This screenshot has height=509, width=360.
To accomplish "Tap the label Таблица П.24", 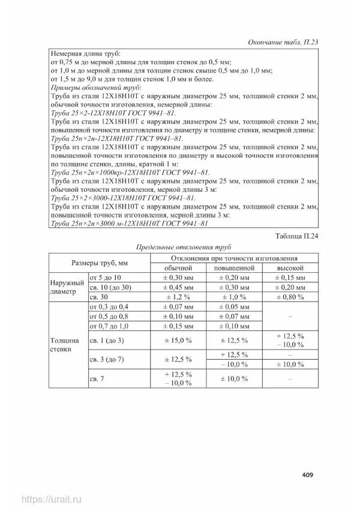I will point(294,236).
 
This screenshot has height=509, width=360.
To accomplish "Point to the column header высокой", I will point(290,268).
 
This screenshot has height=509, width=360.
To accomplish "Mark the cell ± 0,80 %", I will point(290,297).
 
